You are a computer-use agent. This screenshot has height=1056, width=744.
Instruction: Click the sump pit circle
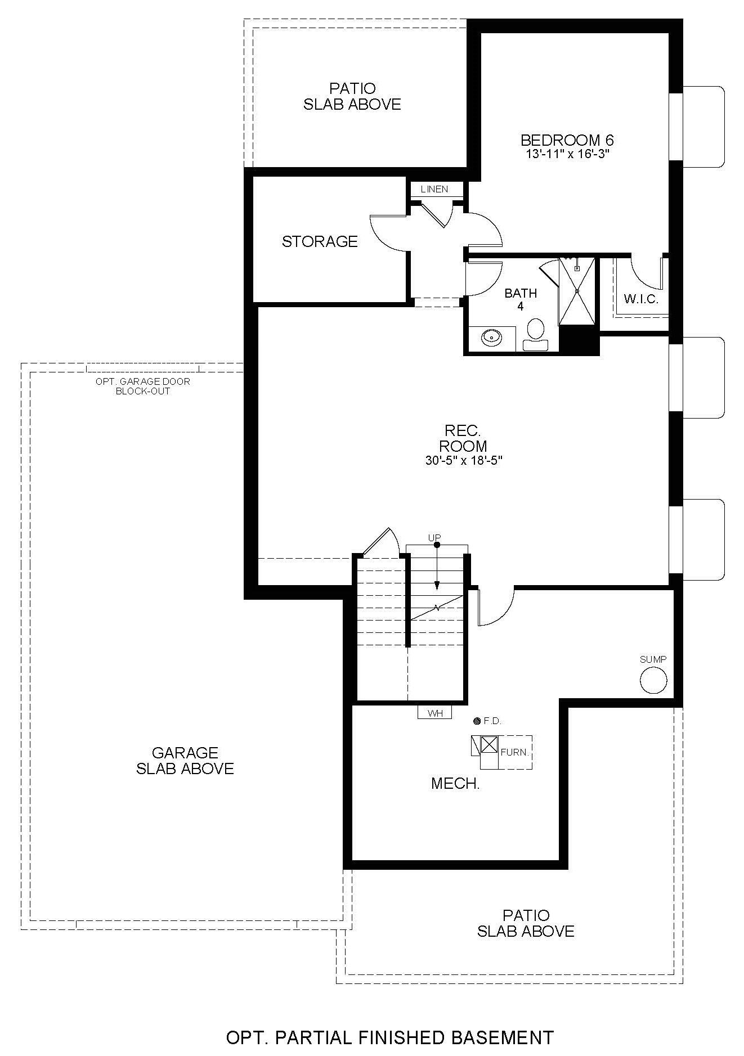click(x=653, y=680)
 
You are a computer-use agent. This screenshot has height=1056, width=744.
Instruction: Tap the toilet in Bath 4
click(x=535, y=334)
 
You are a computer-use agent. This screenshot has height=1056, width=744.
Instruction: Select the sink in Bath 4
click(x=491, y=338)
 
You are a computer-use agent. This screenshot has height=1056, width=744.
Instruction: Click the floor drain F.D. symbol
click(x=477, y=720)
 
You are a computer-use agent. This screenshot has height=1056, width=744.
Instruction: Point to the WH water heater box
click(x=435, y=712)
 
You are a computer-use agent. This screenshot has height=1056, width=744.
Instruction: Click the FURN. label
click(x=514, y=752)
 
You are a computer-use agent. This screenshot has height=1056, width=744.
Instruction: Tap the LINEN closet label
click(x=434, y=189)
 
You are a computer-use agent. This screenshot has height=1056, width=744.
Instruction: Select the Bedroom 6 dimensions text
click(x=567, y=152)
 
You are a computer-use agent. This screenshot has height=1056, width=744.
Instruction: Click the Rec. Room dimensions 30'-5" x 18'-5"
click(x=464, y=460)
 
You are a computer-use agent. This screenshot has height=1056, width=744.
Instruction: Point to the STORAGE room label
click(x=320, y=241)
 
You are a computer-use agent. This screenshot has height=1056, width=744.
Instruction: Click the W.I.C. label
click(x=641, y=299)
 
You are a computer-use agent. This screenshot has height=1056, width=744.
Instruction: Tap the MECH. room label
click(x=455, y=783)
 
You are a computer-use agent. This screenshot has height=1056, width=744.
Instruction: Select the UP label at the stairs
click(x=434, y=538)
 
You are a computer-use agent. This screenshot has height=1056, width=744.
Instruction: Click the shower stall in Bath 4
click(x=576, y=291)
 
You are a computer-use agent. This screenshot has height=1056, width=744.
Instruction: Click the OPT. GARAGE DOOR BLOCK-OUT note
click(x=143, y=386)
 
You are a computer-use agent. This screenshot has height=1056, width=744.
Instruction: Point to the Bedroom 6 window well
click(x=703, y=127)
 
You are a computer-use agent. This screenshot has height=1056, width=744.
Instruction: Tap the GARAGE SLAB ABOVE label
click(x=185, y=761)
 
